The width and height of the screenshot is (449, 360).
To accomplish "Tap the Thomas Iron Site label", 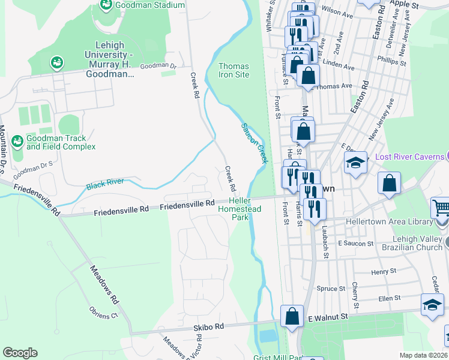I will coord(234,70).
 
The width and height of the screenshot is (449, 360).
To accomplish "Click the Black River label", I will coord(105,182).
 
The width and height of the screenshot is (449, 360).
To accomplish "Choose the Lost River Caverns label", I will coord(411,157).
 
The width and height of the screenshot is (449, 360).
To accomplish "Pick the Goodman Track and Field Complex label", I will coord(61,142).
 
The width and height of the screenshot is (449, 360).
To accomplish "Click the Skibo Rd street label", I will coord(208,327).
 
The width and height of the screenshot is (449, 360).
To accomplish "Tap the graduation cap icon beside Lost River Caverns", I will coord(355,163).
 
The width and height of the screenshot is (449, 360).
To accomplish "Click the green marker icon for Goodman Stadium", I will coord(106,5).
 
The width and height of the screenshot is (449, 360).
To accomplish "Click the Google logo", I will coord(20,353).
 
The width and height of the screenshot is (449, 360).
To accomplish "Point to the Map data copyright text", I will coord(424,355).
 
